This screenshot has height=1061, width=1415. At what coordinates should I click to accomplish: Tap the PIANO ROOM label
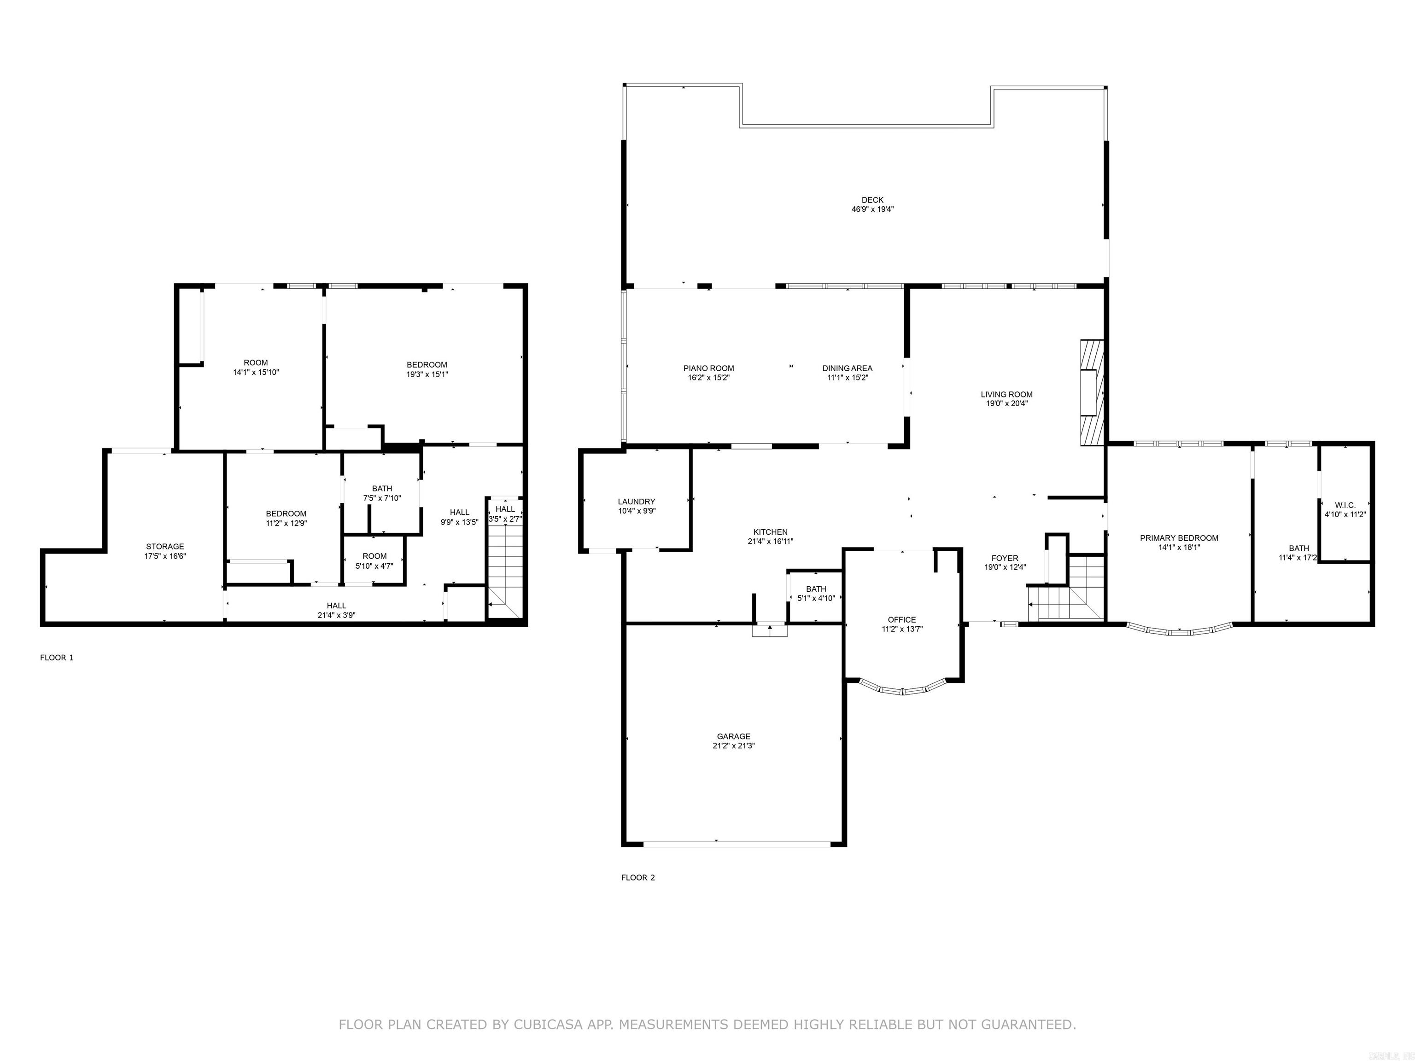click(708, 368)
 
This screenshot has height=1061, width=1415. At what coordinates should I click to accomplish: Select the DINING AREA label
click(847, 368)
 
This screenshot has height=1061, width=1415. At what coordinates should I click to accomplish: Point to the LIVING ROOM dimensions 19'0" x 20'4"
click(1006, 403)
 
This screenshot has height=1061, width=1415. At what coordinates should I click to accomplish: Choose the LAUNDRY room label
click(637, 502)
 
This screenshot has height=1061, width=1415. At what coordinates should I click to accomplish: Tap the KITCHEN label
click(770, 532)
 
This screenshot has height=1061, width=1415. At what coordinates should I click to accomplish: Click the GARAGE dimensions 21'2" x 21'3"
click(733, 746)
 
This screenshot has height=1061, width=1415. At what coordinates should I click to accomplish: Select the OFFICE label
click(902, 620)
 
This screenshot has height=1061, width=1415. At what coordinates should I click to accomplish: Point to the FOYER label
click(1005, 558)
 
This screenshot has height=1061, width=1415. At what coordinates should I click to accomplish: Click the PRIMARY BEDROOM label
click(1179, 538)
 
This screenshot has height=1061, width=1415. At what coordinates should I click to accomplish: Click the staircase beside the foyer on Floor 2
click(1066, 589)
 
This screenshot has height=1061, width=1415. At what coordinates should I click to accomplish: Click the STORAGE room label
click(165, 547)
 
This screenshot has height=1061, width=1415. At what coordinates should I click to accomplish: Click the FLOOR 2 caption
click(638, 877)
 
